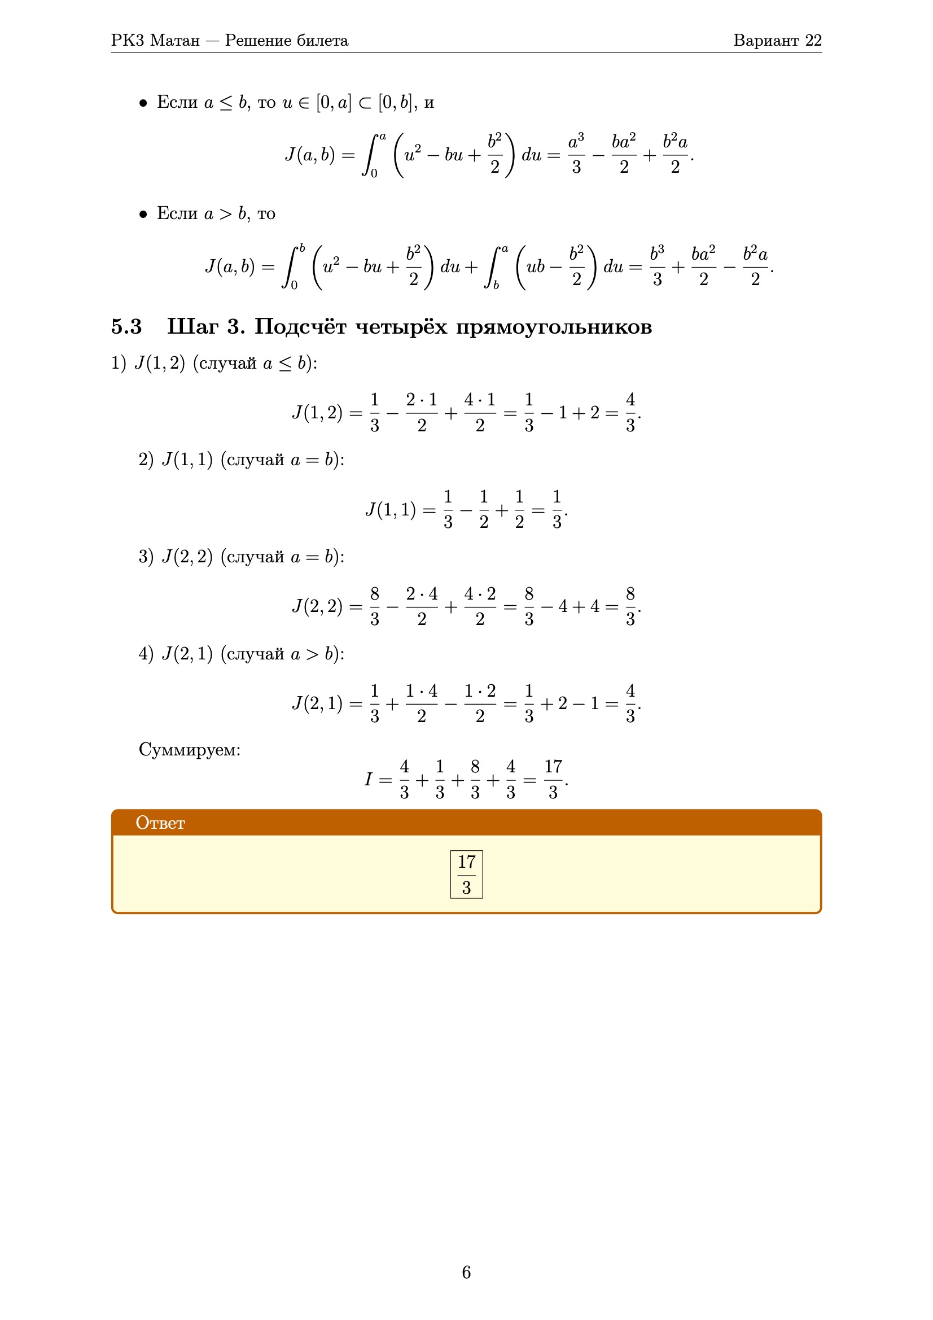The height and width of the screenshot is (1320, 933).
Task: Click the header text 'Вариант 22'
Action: [x=777, y=40]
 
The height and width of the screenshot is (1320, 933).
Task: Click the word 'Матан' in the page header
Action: [x=175, y=40]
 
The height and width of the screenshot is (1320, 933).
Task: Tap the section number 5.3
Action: [x=126, y=326]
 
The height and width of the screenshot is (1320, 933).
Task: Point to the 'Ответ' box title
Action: [x=160, y=823]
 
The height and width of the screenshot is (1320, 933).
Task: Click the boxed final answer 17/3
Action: [x=466, y=875]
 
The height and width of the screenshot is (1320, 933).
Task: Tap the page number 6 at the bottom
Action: [x=466, y=1272]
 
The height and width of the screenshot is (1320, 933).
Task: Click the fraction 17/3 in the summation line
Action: [x=553, y=780]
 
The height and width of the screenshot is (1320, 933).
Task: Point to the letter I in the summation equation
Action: [x=369, y=780]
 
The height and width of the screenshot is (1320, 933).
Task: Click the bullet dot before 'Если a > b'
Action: [x=143, y=215]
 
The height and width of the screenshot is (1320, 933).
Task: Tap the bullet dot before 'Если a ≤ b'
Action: [x=143, y=103]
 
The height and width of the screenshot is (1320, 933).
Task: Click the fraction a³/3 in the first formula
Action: [x=576, y=154]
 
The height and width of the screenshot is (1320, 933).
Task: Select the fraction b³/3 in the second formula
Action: [x=657, y=266]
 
